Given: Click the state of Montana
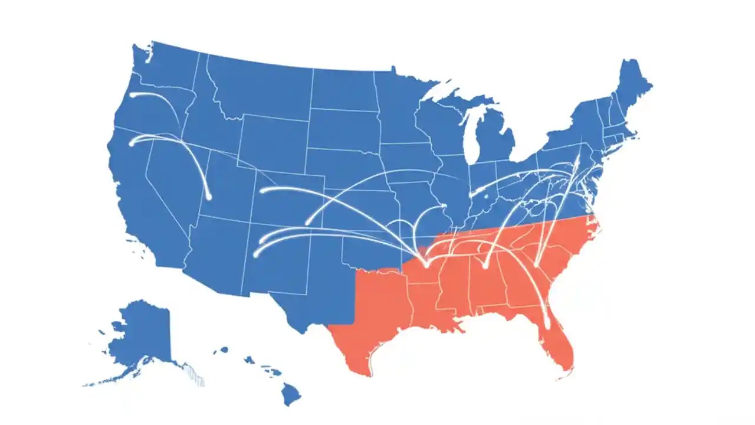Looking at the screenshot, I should click(260, 89).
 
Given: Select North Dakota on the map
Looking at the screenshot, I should click(342, 89).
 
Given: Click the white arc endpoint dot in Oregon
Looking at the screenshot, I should click(132, 94).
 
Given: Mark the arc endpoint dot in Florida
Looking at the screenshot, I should click(547, 325).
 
